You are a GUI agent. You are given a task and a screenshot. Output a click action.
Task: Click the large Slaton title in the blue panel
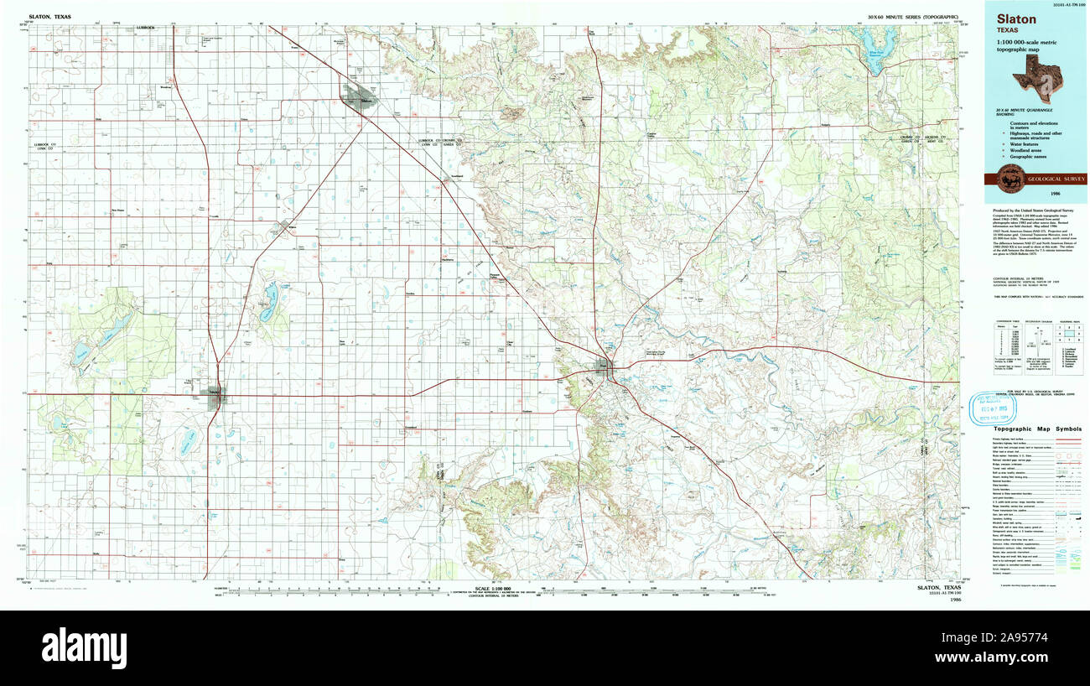point(1015,18)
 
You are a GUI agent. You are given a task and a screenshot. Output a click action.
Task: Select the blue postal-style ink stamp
point(994,408)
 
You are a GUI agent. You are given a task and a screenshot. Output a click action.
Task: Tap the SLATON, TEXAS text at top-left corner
point(49,16)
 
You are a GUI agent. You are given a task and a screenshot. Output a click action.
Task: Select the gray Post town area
point(603,366)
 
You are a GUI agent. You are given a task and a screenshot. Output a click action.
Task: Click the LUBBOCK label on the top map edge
point(145,27)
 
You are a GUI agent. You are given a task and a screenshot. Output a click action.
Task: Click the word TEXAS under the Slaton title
point(1011,32)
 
